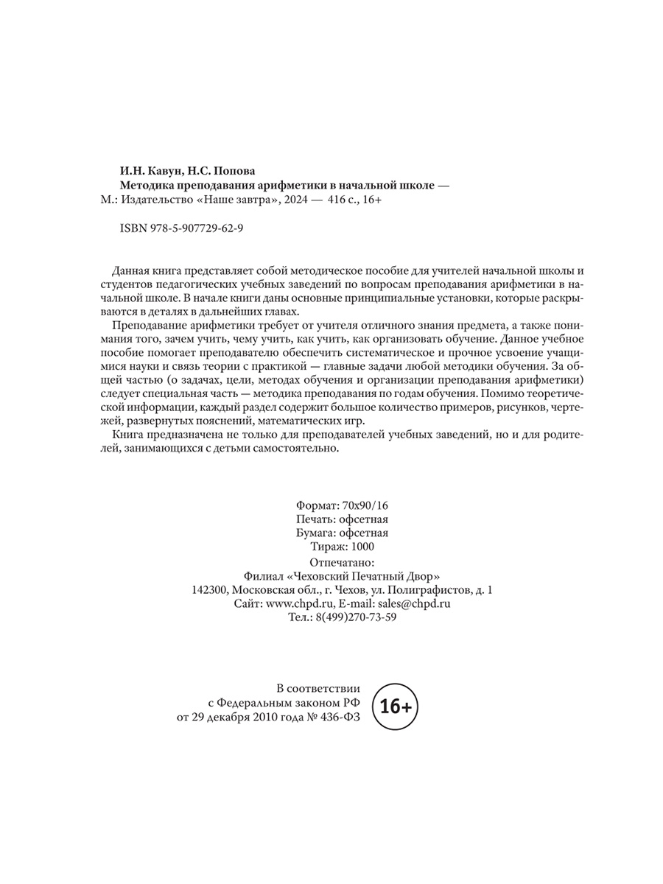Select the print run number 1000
pos(362,546)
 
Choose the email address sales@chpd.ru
pos(415,603)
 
